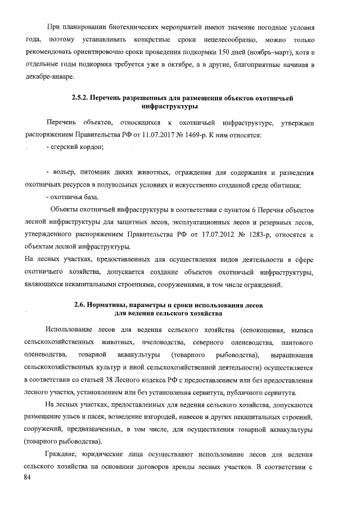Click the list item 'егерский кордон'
(76, 147)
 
